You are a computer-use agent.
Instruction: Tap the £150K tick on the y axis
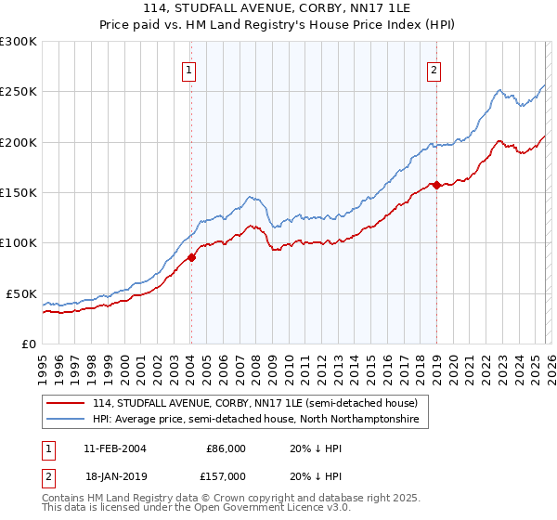(x=19, y=193)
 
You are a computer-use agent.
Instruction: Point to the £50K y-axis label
(x=21, y=293)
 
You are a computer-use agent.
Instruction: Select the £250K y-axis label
(x=19, y=92)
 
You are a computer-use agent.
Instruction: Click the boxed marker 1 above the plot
(x=189, y=69)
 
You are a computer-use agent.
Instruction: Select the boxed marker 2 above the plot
(x=434, y=69)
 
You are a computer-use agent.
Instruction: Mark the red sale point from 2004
(x=191, y=257)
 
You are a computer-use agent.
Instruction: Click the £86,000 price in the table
(x=226, y=448)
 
